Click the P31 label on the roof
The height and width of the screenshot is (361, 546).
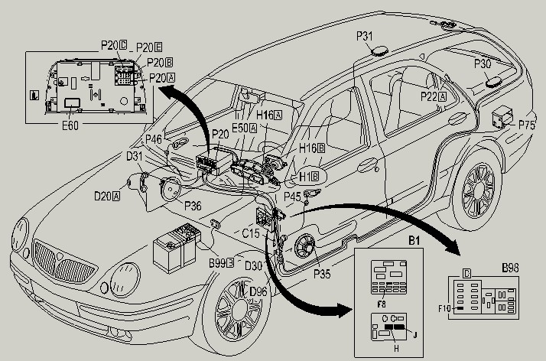[x=365, y=36]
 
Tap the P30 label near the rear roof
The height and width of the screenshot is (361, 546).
[x=483, y=63]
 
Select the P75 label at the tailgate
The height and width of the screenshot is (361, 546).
[x=528, y=125]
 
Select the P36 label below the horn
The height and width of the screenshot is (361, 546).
[x=193, y=205]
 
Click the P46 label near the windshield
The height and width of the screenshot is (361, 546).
[x=154, y=139]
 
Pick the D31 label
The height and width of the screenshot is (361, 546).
[x=135, y=156]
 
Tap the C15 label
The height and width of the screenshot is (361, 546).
[x=251, y=233]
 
